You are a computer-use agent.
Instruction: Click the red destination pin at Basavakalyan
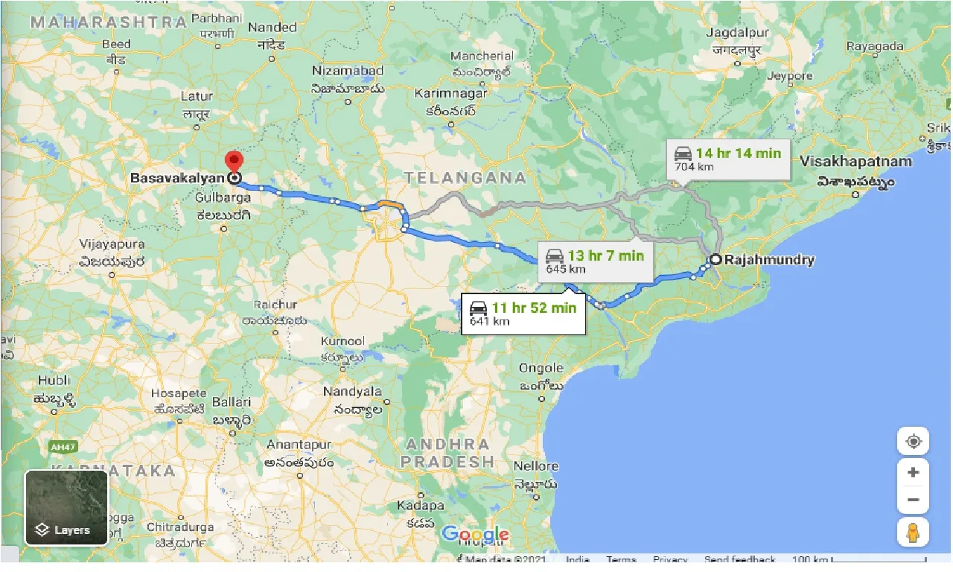[x=234, y=162]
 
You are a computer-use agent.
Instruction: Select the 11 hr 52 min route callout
[x=523, y=314]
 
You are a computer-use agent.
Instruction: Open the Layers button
[x=66, y=508]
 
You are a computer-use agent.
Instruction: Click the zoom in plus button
[x=913, y=472]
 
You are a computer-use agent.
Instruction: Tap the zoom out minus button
[x=913, y=500]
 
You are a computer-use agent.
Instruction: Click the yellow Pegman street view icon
[x=913, y=533]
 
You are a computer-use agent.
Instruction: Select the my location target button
[x=913, y=441]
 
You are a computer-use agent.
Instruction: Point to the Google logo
[x=475, y=534]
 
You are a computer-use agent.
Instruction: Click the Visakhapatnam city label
[x=855, y=162]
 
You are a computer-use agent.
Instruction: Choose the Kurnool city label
[x=342, y=341]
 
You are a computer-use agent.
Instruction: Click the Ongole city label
[x=541, y=368]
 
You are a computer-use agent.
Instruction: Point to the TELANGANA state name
[x=465, y=178]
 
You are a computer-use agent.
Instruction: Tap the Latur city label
[x=197, y=96]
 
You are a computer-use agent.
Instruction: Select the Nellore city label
[x=536, y=466]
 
